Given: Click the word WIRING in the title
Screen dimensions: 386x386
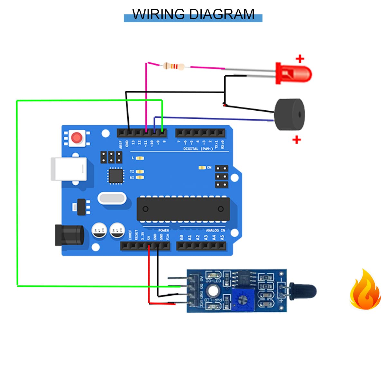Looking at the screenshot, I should click(x=158, y=14).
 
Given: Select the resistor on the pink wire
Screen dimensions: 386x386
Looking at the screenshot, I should click(x=174, y=67).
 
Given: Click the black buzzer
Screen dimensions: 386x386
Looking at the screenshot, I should click(x=289, y=115).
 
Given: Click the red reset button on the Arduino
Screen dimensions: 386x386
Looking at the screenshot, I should click(x=77, y=138).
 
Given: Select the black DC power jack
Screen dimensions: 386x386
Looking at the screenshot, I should click(x=69, y=235).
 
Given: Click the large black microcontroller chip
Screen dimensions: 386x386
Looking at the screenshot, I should click(x=183, y=209).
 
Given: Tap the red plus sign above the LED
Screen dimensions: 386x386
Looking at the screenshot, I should click(x=300, y=59).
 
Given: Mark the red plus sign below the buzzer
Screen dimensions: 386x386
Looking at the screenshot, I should click(x=297, y=140).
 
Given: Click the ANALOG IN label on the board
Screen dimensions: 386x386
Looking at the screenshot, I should click(x=215, y=230).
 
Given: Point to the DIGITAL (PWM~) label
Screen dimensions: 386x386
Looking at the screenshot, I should click(x=198, y=149).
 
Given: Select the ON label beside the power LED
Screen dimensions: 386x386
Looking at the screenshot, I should click(x=209, y=168).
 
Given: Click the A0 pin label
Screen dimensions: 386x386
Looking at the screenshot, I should click(x=181, y=238).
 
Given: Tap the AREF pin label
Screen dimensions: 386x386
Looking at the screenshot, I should click(x=121, y=143).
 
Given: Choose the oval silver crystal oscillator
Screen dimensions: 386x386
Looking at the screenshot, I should click(x=111, y=198).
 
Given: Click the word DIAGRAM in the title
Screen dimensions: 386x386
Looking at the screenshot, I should click(x=222, y=14).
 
